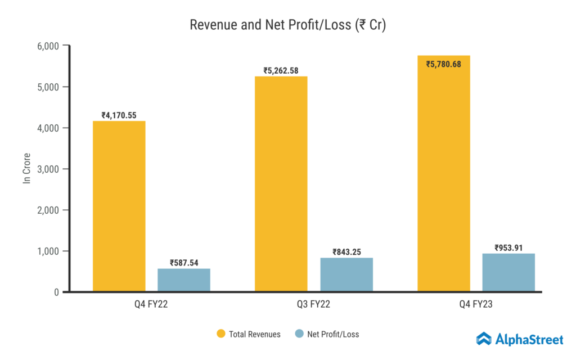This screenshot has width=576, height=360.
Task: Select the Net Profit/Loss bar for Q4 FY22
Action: coord(184,280)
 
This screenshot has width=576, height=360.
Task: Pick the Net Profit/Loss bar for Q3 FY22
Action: coord(346,274)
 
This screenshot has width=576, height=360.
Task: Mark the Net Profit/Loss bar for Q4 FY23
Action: coord(508,272)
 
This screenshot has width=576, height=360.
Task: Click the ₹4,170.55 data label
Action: coord(119,115)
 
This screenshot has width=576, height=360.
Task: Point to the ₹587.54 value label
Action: coord(184,263)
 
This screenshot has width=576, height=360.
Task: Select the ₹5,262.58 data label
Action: coord(281,71)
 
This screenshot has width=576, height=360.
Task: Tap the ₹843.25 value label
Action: coord(346,252)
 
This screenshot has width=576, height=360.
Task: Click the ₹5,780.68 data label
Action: coord(444,64)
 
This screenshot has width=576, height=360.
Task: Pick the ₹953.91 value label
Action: coord(508,247)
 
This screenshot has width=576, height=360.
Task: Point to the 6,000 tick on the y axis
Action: coord(48,46)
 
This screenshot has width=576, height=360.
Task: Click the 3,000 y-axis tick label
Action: coord(48,169)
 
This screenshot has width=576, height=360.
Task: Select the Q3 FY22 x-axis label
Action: coord(314,305)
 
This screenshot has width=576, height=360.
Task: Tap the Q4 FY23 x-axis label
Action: coord(476,305)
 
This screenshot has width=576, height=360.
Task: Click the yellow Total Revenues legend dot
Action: coord(220,334)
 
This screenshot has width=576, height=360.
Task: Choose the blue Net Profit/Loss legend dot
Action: coord(299,334)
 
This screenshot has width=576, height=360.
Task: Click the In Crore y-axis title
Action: coord(26,168)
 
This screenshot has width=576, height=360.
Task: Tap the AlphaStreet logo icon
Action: coord(484,339)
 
